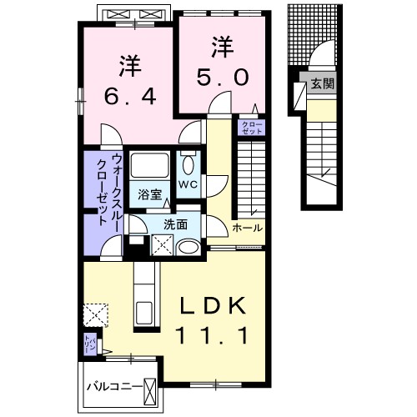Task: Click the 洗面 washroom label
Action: (175, 224)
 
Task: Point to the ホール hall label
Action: (248, 228)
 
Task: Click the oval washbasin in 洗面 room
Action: (189, 247)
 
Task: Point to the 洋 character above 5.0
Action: (220, 47)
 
